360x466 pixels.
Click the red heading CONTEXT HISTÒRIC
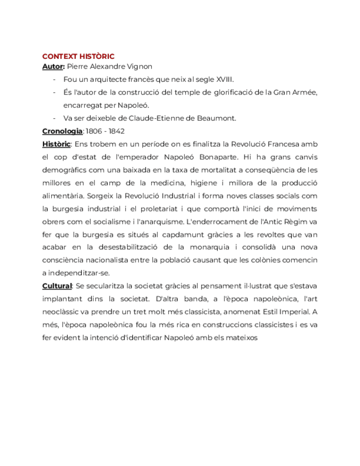pyautogui.click(x=78, y=56)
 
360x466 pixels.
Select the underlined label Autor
pyautogui.click(x=53, y=66)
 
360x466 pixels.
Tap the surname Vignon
pyautogui.click(x=140, y=66)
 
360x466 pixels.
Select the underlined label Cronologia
pyautogui.click(x=62, y=131)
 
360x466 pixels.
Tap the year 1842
pyautogui.click(x=117, y=131)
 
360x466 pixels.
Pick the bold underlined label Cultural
pyautogui.click(x=57, y=286)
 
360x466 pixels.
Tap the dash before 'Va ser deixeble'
pyautogui.click(x=54, y=118)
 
